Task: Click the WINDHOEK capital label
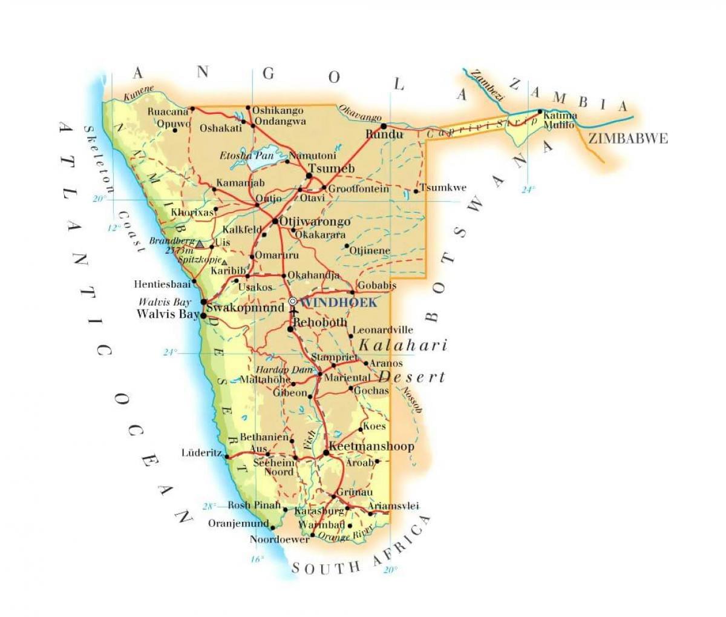coord(339,302)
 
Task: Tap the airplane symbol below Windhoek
coord(294,313)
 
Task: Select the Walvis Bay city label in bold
coord(168,314)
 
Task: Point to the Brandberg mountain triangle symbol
coord(199,243)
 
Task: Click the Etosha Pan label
coord(246,156)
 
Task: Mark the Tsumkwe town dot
coord(416,192)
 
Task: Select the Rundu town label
coord(385,134)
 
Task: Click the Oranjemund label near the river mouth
coord(238,523)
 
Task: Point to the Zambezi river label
coord(488,84)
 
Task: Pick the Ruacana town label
coord(168,111)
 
